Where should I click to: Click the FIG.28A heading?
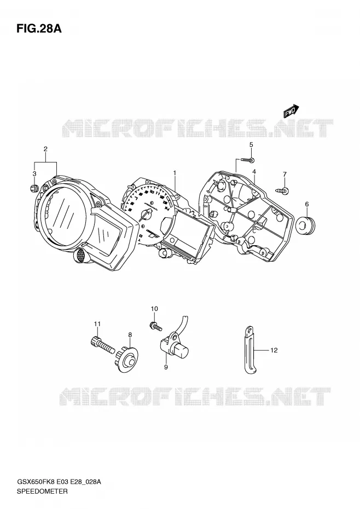(39, 29)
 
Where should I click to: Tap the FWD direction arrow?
(291, 111)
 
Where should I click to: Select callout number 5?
(251, 145)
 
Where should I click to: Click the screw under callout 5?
(247, 160)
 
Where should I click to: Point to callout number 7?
(284, 175)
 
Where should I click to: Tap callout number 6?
(306, 204)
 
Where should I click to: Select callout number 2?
(45, 149)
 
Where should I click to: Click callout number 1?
(175, 173)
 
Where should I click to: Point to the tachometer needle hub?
(149, 211)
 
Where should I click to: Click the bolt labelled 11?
(102, 345)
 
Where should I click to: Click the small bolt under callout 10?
(155, 326)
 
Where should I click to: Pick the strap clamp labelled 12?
(251, 350)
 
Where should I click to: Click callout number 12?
(274, 350)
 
